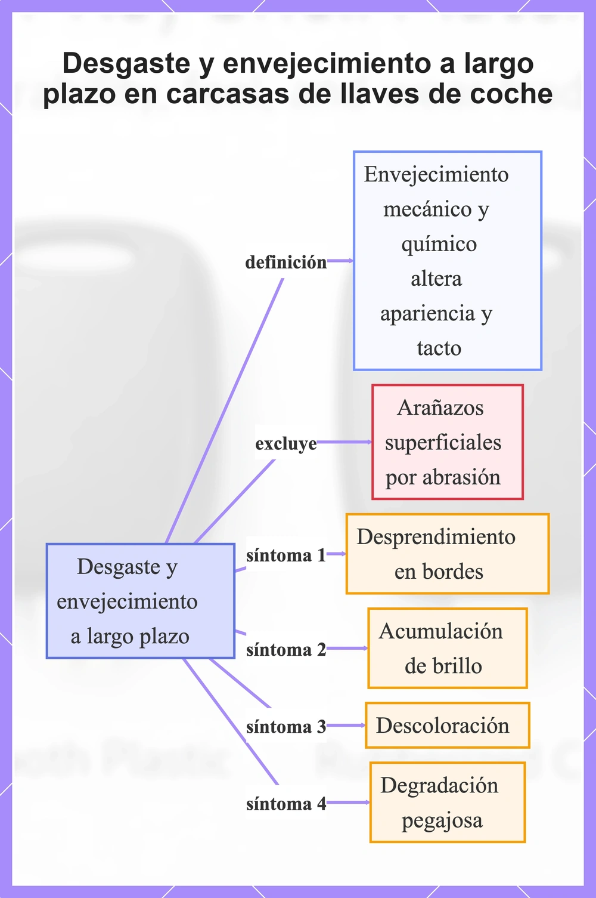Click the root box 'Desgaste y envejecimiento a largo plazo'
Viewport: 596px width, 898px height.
point(140,601)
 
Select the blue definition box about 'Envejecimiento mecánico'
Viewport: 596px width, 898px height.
point(448,261)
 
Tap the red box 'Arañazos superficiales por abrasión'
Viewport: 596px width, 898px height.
point(448,442)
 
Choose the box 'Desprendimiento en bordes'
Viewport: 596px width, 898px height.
point(448,554)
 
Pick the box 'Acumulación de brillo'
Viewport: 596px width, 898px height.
point(448,648)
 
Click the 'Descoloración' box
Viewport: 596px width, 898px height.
point(448,725)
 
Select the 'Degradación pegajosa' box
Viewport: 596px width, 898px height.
point(448,802)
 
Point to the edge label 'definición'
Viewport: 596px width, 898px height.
point(286,262)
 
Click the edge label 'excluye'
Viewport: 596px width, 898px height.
point(286,443)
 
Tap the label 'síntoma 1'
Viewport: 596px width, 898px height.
point(286,556)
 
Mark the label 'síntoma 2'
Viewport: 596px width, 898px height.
point(286,650)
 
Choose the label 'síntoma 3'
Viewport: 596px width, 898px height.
point(286,727)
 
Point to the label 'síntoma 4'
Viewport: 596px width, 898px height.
point(286,804)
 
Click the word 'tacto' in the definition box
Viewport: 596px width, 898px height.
point(439,348)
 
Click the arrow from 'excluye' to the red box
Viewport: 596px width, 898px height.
point(344,442)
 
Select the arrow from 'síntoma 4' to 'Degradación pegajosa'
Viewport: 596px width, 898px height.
point(348,802)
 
